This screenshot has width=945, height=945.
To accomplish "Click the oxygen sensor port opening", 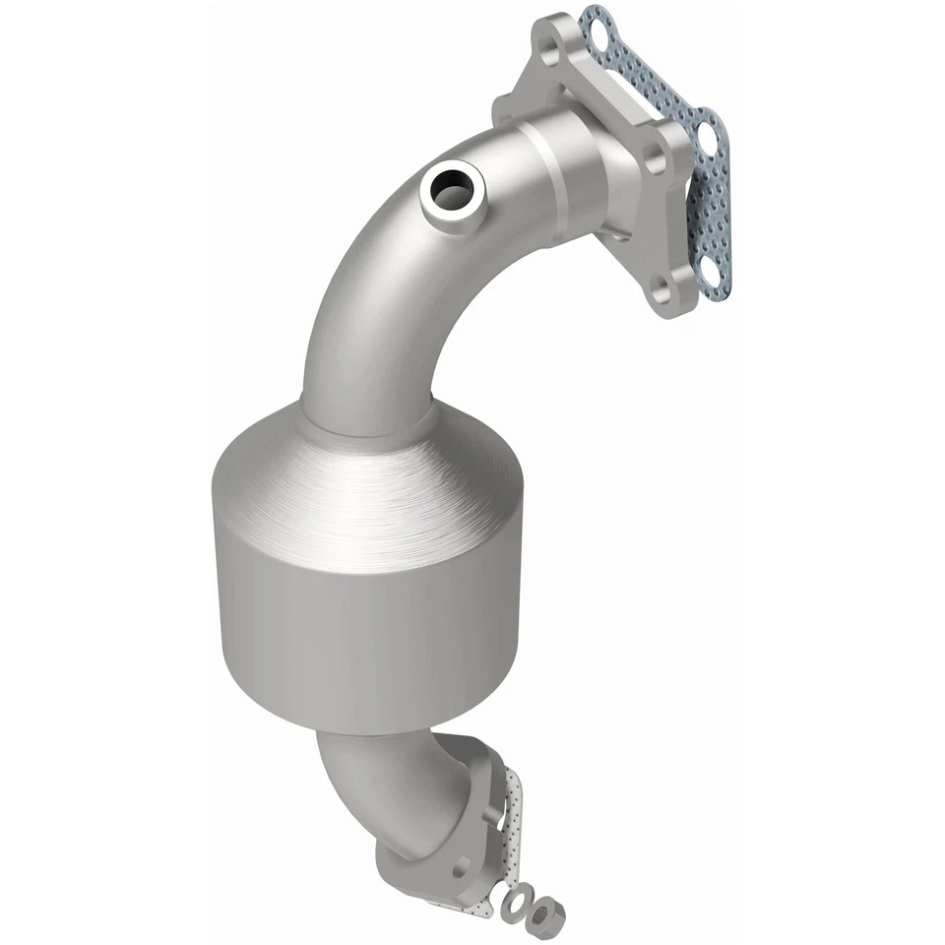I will point(455,187).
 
